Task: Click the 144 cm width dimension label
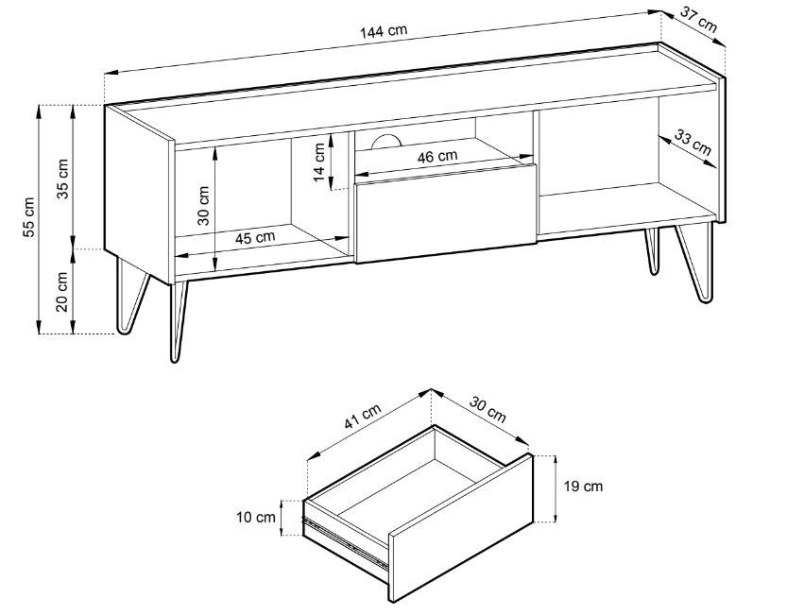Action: click(384, 31)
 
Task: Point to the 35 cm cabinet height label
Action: click(62, 179)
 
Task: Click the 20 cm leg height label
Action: click(61, 292)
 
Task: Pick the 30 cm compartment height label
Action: click(203, 205)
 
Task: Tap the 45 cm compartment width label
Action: click(255, 237)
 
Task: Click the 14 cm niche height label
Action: click(318, 162)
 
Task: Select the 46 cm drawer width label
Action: click(437, 157)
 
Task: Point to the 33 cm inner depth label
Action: click(693, 142)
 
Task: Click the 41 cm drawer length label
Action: click(363, 417)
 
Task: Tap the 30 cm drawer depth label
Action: click(488, 409)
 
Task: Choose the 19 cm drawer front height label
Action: click(583, 486)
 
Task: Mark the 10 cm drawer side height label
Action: click(256, 517)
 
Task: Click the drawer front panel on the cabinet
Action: click(445, 213)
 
